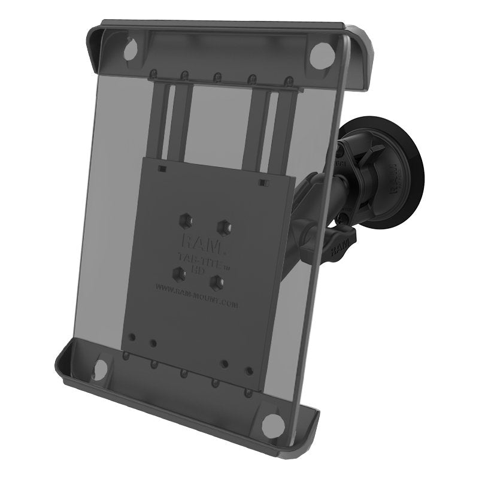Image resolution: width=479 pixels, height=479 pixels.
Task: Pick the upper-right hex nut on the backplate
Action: (224, 227)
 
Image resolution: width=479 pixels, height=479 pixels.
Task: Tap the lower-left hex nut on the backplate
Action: (178, 273)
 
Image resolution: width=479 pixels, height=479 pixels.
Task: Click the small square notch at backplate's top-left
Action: (160, 170)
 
